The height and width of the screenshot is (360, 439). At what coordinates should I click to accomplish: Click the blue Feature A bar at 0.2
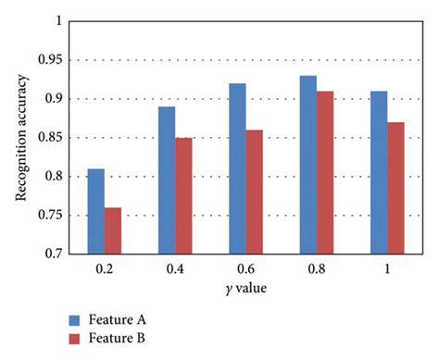(96, 211)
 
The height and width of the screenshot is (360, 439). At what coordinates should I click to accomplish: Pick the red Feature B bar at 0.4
(183, 195)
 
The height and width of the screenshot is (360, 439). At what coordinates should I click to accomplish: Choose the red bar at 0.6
(254, 192)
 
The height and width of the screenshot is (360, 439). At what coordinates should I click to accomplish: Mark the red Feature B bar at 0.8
(325, 172)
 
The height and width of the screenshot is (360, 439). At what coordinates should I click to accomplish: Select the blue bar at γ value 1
(379, 172)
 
